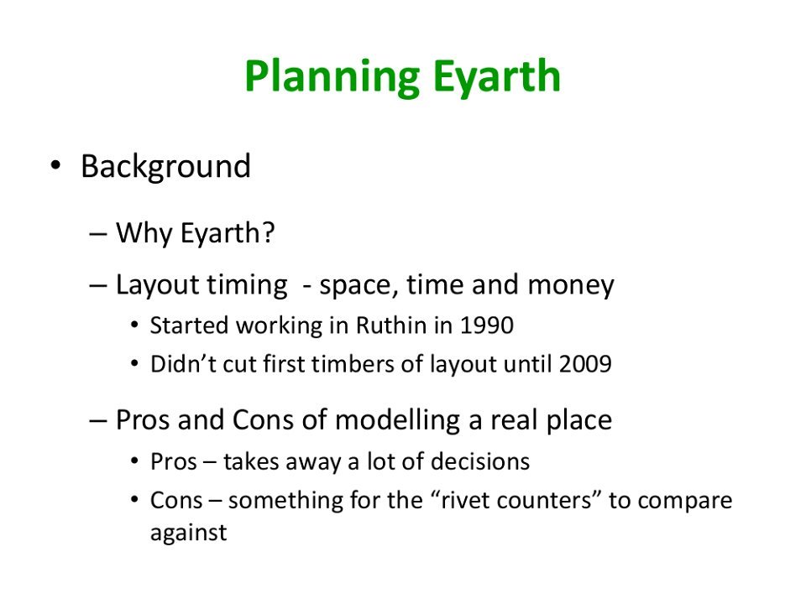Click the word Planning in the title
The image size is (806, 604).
332,77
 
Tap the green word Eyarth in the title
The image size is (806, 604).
496,77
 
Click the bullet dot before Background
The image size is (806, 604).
55,166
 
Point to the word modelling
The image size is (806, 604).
397,420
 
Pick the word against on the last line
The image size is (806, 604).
189,534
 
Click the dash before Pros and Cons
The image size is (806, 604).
97,420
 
